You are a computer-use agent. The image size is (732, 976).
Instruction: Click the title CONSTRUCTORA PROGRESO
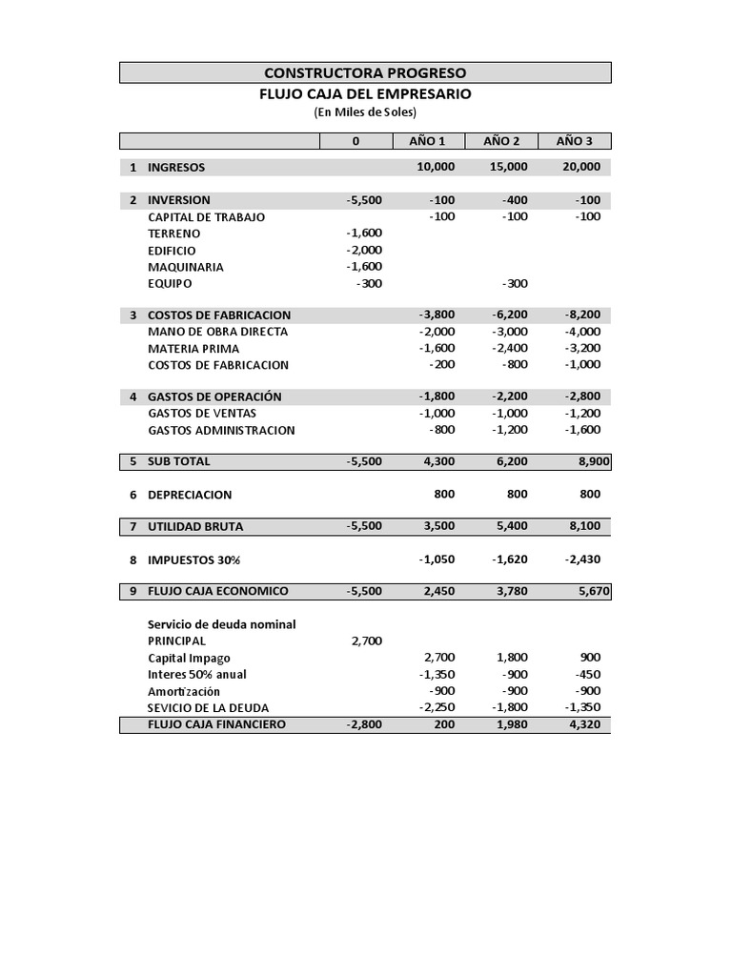click(365, 72)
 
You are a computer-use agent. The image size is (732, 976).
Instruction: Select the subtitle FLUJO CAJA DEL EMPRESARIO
click(365, 94)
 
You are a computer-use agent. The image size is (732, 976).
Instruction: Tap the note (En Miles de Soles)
click(365, 112)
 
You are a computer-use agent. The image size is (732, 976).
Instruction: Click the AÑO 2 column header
click(501, 141)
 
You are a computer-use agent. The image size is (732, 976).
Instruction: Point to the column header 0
click(356, 141)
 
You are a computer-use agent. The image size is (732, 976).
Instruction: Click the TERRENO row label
click(174, 234)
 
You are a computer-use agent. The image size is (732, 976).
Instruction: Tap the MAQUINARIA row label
click(186, 267)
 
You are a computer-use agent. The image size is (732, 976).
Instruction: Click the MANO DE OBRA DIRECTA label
click(217, 332)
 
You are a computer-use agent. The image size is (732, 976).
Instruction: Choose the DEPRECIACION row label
click(190, 496)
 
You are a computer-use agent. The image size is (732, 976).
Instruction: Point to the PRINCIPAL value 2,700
click(367, 640)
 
